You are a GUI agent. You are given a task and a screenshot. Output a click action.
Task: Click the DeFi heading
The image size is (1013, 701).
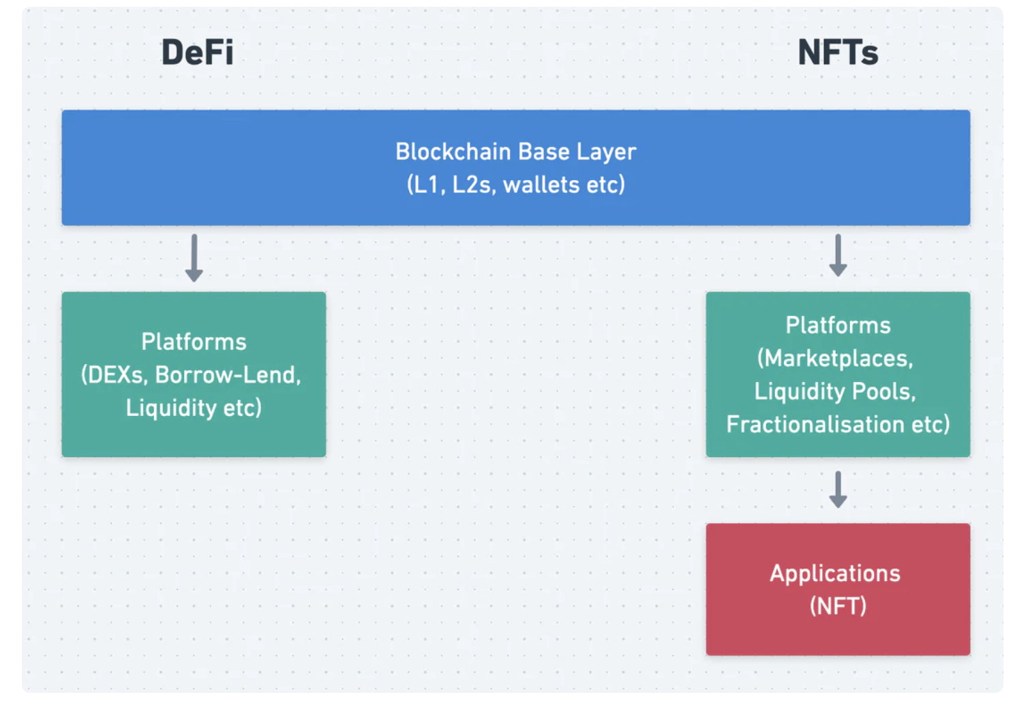pyautogui.click(x=198, y=53)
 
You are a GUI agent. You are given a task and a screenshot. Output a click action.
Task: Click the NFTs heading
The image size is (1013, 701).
pyautogui.click(x=838, y=53)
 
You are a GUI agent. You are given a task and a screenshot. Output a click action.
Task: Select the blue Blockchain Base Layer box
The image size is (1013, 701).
pyautogui.click(x=516, y=168)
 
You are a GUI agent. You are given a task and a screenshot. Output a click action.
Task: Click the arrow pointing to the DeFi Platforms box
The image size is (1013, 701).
pyautogui.click(x=194, y=258)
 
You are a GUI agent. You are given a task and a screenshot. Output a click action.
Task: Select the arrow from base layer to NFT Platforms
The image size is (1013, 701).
pyautogui.click(x=838, y=255)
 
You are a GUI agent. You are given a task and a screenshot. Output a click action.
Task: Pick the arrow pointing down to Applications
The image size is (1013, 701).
pyautogui.click(x=838, y=490)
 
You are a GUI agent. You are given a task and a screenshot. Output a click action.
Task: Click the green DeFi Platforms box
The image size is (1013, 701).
pyautogui.click(x=194, y=374)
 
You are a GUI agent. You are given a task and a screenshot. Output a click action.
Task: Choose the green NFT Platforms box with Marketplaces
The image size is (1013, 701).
pyautogui.click(x=838, y=374)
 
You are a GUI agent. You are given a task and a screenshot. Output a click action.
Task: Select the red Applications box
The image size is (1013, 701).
pyautogui.click(x=838, y=589)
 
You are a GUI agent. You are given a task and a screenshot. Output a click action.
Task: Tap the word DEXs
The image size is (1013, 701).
pyautogui.click(x=115, y=375)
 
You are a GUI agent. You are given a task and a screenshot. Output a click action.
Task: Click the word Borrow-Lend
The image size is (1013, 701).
pyautogui.click(x=228, y=375)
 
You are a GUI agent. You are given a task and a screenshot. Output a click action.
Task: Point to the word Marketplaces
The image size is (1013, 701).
pyautogui.click(x=835, y=359)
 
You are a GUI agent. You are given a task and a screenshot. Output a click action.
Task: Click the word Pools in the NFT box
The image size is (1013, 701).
pyautogui.click(x=884, y=391)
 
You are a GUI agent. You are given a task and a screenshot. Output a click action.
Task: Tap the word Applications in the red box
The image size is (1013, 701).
pyautogui.click(x=835, y=574)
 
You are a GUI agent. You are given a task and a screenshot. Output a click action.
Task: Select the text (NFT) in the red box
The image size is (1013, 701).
pyautogui.click(x=838, y=606)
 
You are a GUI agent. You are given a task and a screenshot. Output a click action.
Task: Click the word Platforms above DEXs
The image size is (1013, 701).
pyautogui.click(x=194, y=342)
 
